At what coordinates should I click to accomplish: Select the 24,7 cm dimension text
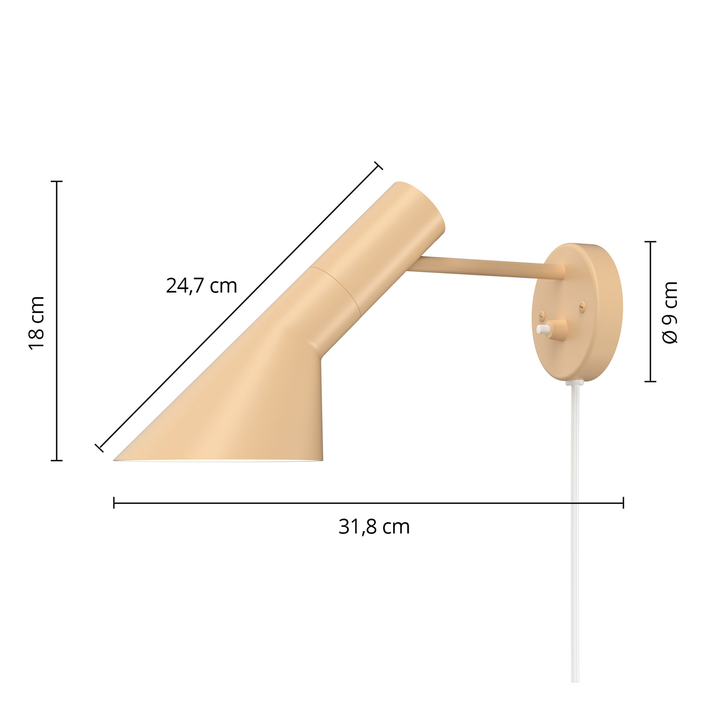[201, 286]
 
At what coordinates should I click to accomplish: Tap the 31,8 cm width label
[374, 527]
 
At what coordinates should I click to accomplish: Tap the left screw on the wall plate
[542, 314]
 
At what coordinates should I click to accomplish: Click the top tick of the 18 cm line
[57, 181]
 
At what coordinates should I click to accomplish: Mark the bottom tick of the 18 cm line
[57, 460]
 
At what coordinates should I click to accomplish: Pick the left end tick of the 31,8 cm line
[114, 503]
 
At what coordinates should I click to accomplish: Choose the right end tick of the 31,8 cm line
[623, 503]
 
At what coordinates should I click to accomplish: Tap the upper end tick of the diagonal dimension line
[378, 166]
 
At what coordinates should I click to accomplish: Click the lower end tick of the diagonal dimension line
[99, 448]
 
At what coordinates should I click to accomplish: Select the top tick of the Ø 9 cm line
[650, 242]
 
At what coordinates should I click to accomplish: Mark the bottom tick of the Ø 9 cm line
[650, 381]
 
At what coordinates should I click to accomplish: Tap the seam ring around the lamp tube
[336, 290]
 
